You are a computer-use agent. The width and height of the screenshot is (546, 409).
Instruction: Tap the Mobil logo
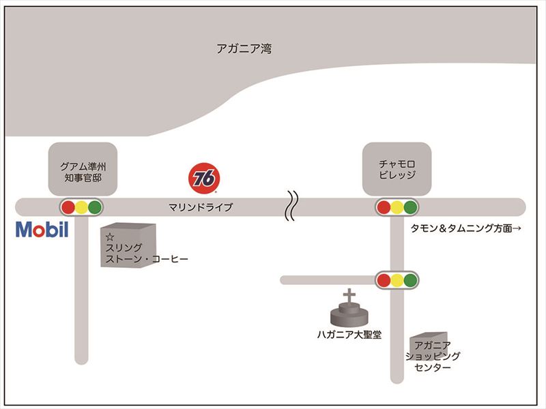pyautogui.click(x=42, y=229)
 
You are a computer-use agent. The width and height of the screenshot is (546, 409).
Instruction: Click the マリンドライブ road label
pyautogui.click(x=201, y=207)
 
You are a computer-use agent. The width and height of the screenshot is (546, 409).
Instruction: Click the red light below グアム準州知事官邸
pyautogui.click(x=68, y=207)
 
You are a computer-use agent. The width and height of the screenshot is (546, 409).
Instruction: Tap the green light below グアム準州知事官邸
pyautogui.click(x=95, y=207)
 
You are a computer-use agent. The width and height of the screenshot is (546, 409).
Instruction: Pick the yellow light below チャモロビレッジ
pyautogui.click(x=397, y=207)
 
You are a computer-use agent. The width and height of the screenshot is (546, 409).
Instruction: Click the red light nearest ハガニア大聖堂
pyautogui.click(x=384, y=279)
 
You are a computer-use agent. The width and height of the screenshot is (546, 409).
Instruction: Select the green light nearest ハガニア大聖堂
pyautogui.click(x=410, y=279)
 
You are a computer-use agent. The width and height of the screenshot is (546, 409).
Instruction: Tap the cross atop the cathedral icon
pyautogui.click(x=349, y=297)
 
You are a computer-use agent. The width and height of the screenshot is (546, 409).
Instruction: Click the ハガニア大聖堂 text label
pyautogui.click(x=349, y=334)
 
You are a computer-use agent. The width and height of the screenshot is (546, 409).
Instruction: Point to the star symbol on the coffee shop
pyautogui.click(x=109, y=237)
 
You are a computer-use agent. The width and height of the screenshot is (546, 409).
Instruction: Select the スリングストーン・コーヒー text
pyautogui.click(x=146, y=253)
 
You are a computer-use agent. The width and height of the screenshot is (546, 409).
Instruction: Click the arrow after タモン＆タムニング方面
pyautogui.click(x=517, y=229)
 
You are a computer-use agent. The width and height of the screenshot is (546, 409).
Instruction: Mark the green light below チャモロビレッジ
pyautogui.click(x=409, y=207)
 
